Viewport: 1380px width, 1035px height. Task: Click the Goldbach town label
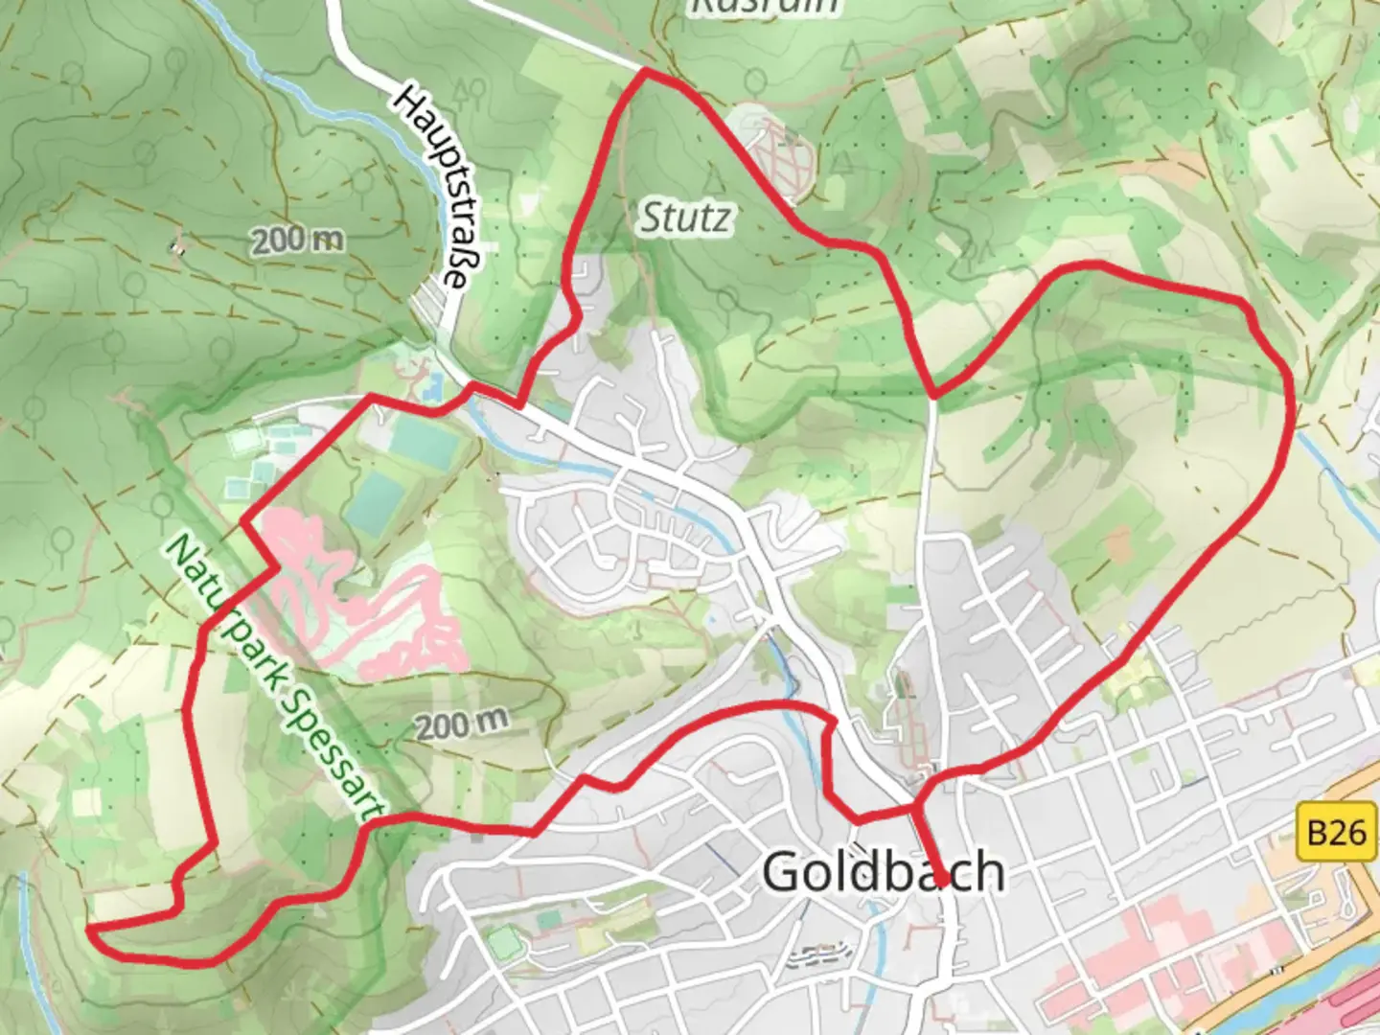pos(883,872)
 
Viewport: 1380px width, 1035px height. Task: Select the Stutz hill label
pos(684,218)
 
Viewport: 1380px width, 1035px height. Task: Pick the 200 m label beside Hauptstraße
pos(298,240)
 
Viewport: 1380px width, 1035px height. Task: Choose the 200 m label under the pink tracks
pos(461,724)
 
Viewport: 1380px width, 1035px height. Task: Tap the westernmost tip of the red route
pos(88,928)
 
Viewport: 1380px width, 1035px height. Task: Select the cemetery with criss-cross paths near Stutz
pos(775,153)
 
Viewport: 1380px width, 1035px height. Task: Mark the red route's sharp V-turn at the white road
pos(933,394)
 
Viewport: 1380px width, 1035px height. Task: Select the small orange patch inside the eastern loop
pos(1117,544)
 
